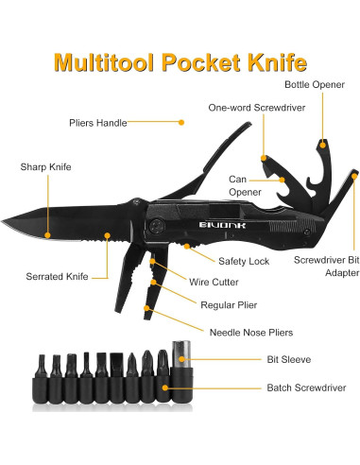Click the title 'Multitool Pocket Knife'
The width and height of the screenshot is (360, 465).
[x=180, y=64]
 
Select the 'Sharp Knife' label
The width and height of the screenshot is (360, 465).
[x=45, y=168]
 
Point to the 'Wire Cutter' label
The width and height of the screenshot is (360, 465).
[x=238, y=282]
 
